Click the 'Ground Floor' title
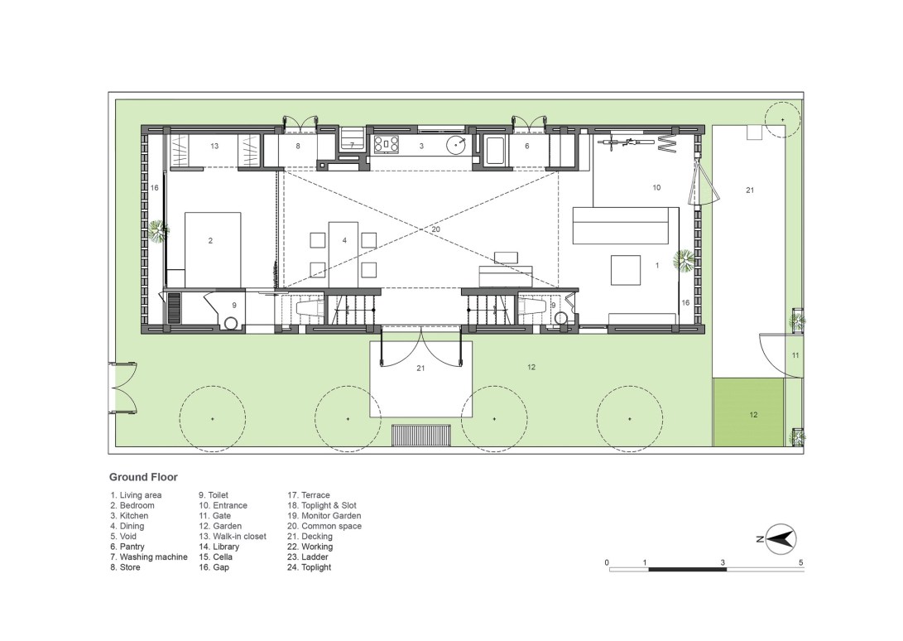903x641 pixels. pos(143,477)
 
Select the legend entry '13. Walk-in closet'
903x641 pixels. pos(233,537)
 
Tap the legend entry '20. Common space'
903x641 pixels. pos(324,526)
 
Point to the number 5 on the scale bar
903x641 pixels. pos(800,562)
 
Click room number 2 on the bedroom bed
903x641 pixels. pos(210,241)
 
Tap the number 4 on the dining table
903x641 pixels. pos(344,240)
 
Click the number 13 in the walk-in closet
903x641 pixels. pos(214,147)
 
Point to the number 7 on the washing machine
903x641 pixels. pos(353,146)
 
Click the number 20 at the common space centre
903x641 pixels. pos(435,229)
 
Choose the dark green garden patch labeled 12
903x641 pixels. pos(749,412)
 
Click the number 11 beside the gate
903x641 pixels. pos(795,355)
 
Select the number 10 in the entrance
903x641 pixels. pos(656,188)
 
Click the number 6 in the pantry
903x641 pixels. pos(527,147)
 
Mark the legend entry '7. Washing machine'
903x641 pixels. pos(149,557)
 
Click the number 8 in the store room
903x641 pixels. pos(298,147)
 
